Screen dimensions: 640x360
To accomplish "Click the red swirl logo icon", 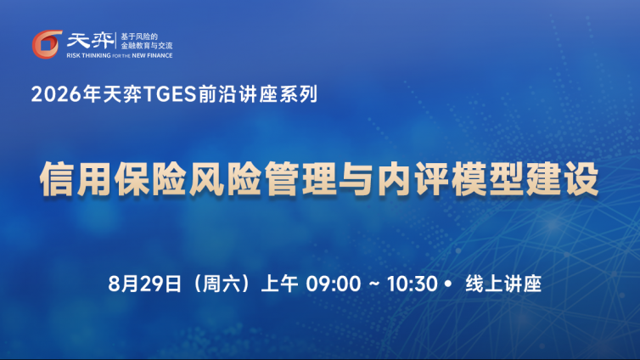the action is [47, 44].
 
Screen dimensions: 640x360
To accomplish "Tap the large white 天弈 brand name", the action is [90, 41].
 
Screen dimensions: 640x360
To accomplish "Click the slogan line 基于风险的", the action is [139, 37].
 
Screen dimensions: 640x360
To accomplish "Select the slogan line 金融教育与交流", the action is [147, 46].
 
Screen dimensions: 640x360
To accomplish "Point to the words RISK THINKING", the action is [88, 55].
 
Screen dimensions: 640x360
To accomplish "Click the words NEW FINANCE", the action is [152, 55].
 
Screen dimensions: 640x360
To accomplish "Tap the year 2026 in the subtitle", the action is [56, 94].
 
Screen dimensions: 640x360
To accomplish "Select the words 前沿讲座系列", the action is [258, 94].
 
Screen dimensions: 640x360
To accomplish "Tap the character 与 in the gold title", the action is [356, 179].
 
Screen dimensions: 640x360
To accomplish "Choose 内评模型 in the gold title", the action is [450, 179].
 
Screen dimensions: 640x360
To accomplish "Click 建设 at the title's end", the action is [562, 179].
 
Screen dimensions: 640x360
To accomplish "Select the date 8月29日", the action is [144, 284].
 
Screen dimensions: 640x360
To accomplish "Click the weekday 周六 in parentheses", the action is [221, 284].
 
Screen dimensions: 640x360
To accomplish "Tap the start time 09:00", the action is [334, 284].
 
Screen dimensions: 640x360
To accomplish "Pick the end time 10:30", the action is [413, 284].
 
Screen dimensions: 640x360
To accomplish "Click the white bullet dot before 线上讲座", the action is [448, 284].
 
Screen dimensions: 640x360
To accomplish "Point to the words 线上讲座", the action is [503, 284].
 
